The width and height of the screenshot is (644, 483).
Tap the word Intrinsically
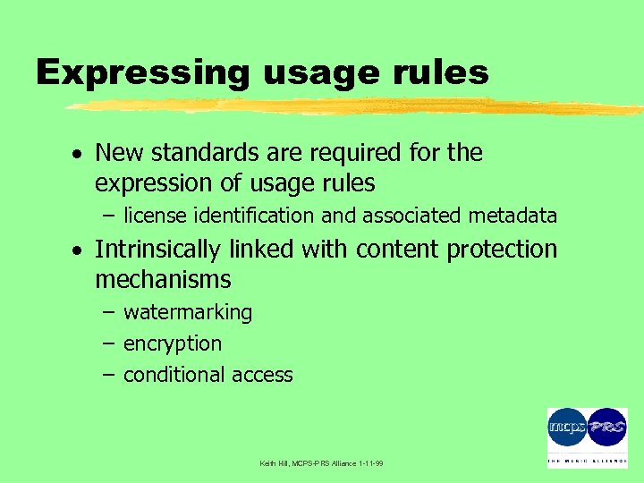157,249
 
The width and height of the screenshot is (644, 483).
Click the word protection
503,249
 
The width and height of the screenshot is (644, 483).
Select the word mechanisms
163,280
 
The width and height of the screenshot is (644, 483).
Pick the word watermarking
188,313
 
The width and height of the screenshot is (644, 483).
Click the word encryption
173,344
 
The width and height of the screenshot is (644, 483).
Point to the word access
263,375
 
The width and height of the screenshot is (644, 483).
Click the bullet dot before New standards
80,155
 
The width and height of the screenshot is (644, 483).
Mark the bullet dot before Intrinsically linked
80,250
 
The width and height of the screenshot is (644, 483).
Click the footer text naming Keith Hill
321,463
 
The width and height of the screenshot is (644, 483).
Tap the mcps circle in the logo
567,428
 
